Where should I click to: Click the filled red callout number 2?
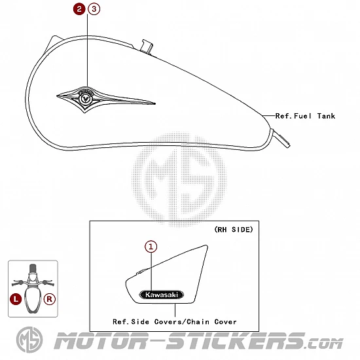pyautogui.click(x=79, y=9)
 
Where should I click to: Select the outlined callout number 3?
pyautogui.click(x=94, y=9)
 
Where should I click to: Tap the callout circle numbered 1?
pyautogui.click(x=151, y=247)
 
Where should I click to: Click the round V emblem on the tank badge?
pyautogui.click(x=85, y=99)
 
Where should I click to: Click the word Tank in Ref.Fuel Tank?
pyautogui.click(x=326, y=116)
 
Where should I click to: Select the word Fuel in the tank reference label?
pyautogui.click(x=302, y=116)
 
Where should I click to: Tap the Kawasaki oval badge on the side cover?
pyautogui.click(x=162, y=295)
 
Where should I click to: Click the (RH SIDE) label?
pyautogui.click(x=234, y=229)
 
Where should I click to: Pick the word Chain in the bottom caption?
pyautogui.click(x=198, y=321)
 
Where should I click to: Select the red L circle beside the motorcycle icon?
pyautogui.click(x=16, y=299)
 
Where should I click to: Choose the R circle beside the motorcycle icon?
pyautogui.click(x=50, y=299)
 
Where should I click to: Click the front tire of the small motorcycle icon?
pyautogui.click(x=33, y=268)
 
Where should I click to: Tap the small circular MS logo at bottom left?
pyautogui.click(x=29, y=340)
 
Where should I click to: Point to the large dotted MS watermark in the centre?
pyautogui.click(x=179, y=179)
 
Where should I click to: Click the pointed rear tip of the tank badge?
pyautogui.click(x=155, y=103)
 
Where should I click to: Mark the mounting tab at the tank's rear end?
pyautogui.click(x=281, y=138)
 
